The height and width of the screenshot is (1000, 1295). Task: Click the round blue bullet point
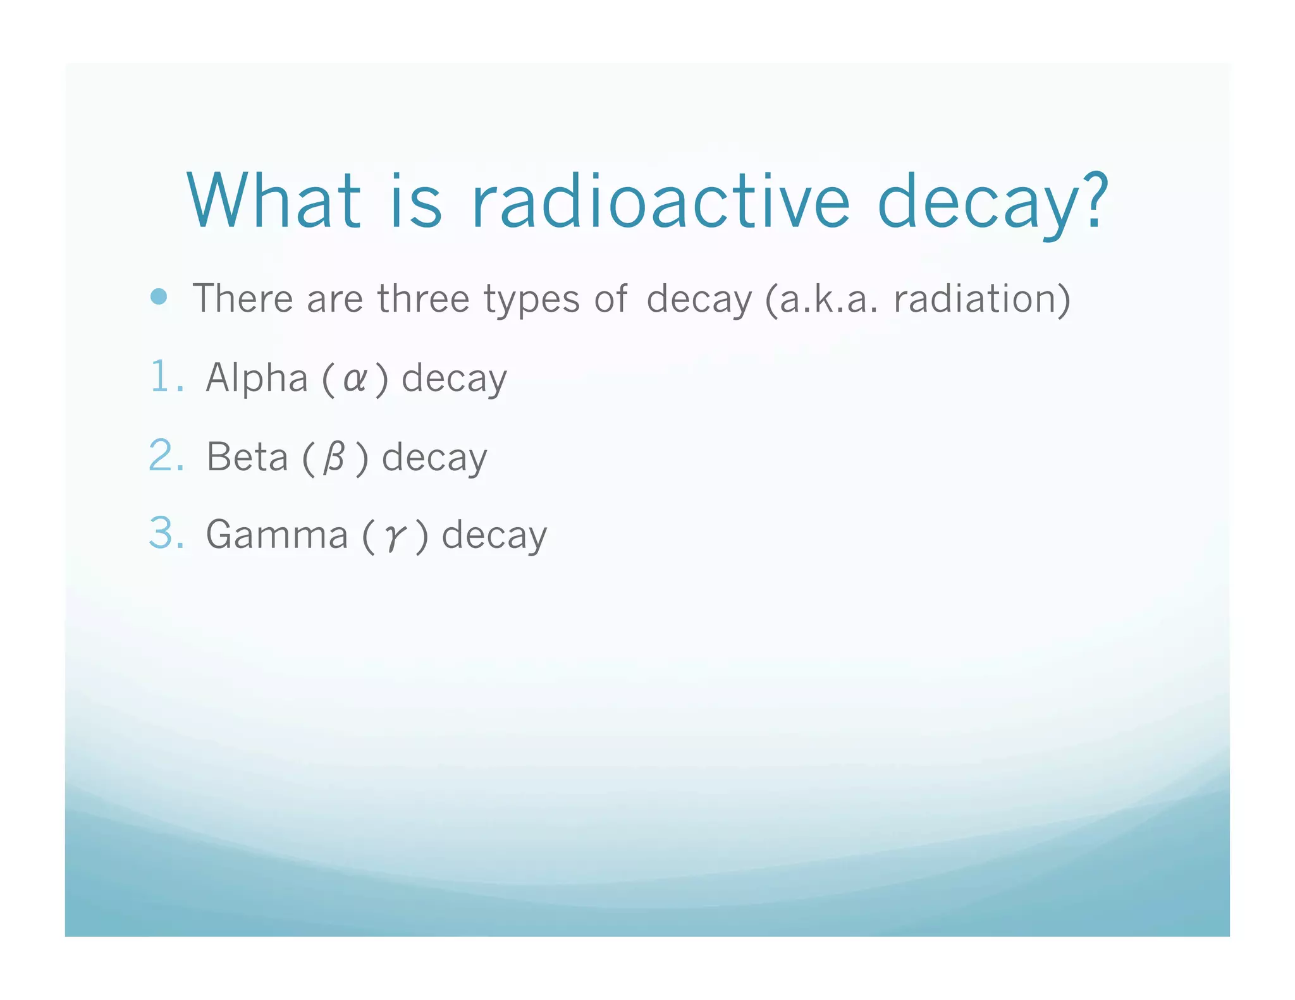(159, 296)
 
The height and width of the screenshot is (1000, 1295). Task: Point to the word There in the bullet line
(242, 298)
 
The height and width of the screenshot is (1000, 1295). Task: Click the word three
(424, 298)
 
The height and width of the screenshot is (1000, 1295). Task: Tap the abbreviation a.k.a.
(828, 298)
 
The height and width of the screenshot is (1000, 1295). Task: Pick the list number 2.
(166, 456)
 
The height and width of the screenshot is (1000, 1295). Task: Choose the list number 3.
(166, 534)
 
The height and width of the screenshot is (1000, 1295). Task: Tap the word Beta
(247, 457)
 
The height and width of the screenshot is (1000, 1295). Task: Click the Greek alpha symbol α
(354, 380)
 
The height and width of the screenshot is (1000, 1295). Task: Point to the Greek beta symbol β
(334, 458)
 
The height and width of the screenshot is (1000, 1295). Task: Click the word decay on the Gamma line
(494, 537)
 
